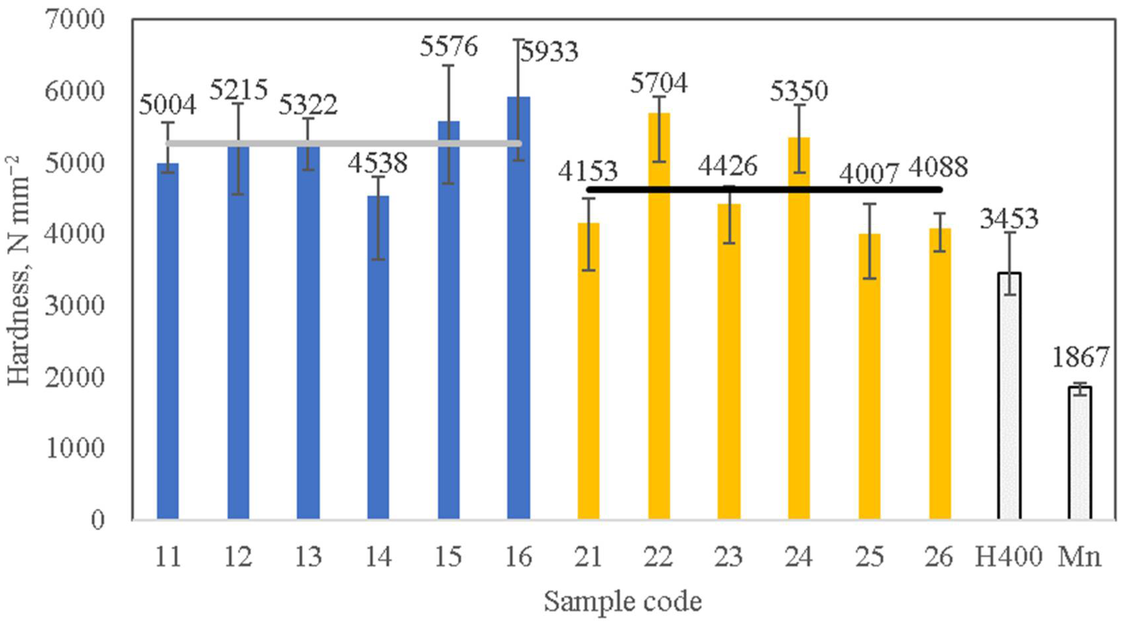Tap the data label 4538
pos(377,163)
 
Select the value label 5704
pos(659,83)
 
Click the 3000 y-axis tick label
pos(75,306)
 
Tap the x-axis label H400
pos(1008,557)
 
